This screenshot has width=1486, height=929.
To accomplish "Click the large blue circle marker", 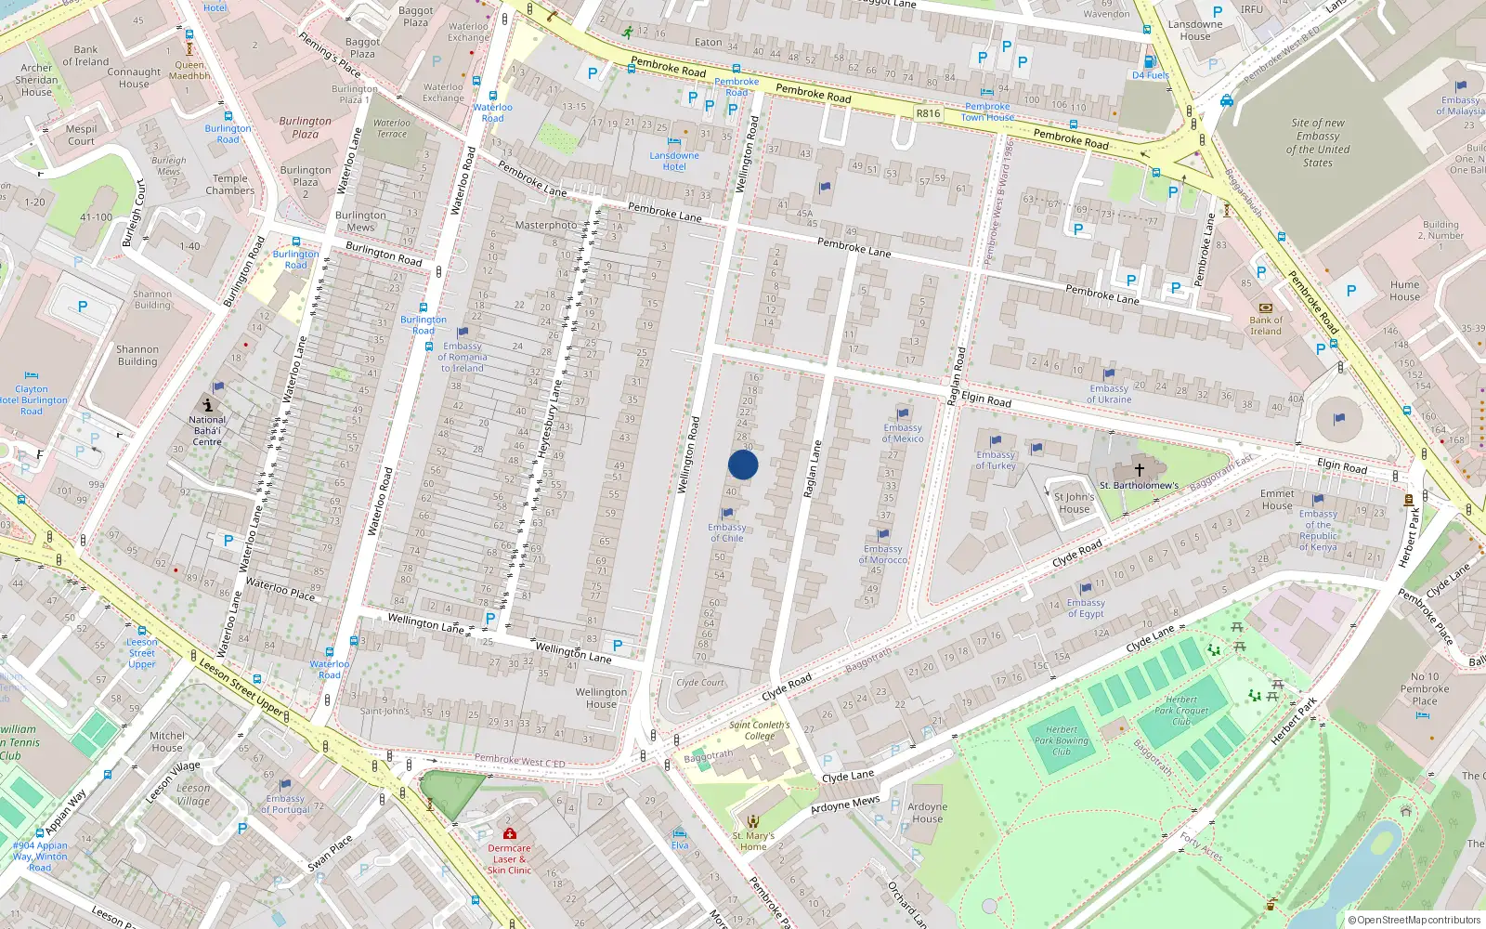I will pyautogui.click(x=743, y=464).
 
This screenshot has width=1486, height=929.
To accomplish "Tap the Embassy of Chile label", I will pyautogui.click(x=727, y=532).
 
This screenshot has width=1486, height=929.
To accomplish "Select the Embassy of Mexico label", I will pyautogui.click(x=903, y=433).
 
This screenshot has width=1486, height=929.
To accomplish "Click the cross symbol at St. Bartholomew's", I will pyautogui.click(x=1140, y=470).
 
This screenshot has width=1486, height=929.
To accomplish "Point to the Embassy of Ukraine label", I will pyautogui.click(x=1109, y=394).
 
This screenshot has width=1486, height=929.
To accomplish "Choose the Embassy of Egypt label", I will pyautogui.click(x=1086, y=608).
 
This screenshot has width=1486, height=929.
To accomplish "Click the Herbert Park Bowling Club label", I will pyautogui.click(x=1062, y=740).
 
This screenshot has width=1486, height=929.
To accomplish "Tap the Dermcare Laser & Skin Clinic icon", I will pyautogui.click(x=509, y=833).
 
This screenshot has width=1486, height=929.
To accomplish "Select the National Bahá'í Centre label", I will pyautogui.click(x=207, y=430).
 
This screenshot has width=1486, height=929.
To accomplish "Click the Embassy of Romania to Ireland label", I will pyautogui.click(x=463, y=357).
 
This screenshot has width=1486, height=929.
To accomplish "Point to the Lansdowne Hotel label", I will pyautogui.click(x=674, y=161).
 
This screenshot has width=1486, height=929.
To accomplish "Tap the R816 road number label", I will pyautogui.click(x=928, y=113).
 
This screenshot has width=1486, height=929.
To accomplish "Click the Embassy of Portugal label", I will pyautogui.click(x=285, y=804).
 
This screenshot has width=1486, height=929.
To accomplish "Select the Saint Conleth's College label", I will pyautogui.click(x=759, y=730).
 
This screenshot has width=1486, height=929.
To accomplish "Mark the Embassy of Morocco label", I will pyautogui.click(x=882, y=554).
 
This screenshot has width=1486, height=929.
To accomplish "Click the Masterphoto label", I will pyautogui.click(x=545, y=225).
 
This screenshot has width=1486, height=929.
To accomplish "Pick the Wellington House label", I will pyautogui.click(x=601, y=698).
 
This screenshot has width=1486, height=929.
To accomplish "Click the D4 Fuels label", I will pyautogui.click(x=1150, y=75).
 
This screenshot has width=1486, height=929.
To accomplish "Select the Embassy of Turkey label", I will pyautogui.click(x=996, y=460).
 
